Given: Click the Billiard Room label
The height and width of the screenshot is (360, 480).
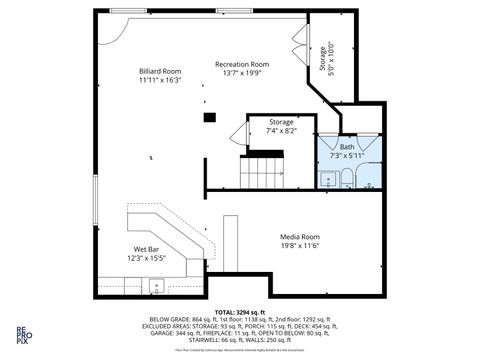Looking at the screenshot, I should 159,71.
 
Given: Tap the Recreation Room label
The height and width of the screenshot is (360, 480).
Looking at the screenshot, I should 241,64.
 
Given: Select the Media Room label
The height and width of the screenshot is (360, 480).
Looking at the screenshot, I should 299,237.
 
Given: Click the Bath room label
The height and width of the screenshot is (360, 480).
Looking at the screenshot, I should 346,146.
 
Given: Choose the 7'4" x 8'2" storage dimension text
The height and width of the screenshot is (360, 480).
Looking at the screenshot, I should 281,131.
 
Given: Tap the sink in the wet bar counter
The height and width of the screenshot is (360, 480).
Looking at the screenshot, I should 156,286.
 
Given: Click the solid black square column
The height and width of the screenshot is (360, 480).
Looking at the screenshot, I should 209,117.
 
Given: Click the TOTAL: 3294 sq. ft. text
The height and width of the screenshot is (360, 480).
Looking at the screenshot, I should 240,312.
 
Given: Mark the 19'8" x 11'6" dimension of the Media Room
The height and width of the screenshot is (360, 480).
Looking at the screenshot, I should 299,246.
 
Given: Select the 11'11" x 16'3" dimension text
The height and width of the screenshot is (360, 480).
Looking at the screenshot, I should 159,80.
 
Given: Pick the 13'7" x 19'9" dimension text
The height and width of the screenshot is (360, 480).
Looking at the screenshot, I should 241,73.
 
